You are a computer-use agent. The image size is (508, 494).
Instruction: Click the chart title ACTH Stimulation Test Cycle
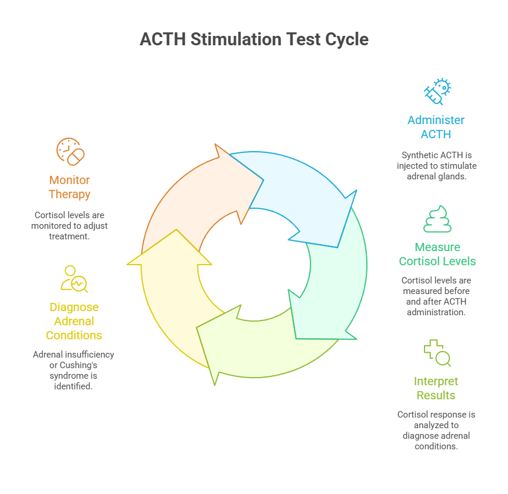coord(254,39)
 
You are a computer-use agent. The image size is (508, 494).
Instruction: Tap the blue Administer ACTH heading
coord(436,127)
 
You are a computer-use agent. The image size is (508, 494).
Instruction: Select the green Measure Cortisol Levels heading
coord(437,254)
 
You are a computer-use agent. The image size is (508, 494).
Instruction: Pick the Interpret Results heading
coord(436,388)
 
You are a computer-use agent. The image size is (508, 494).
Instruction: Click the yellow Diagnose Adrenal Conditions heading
coord(74,321)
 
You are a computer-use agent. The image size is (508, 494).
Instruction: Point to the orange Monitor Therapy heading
coord(69,187)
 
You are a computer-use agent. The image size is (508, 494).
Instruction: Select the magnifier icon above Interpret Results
coord(437,353)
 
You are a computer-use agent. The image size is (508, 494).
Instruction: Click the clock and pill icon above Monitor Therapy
coord(70,151)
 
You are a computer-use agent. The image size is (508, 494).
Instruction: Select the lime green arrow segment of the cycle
coord(265,347)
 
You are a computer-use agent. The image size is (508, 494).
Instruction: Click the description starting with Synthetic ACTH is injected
coord(436,166)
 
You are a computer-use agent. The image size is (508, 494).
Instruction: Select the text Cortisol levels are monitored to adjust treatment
coord(69,226)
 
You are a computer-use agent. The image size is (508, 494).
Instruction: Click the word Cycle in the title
coord(346,39)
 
